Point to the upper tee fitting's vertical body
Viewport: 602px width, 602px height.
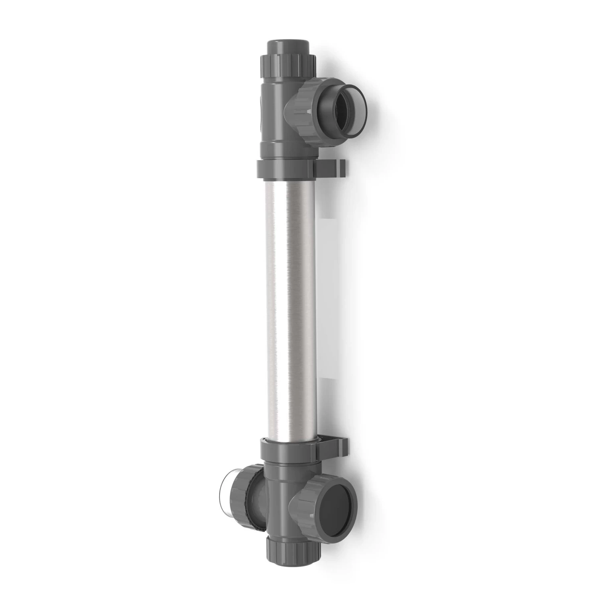[277, 120]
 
